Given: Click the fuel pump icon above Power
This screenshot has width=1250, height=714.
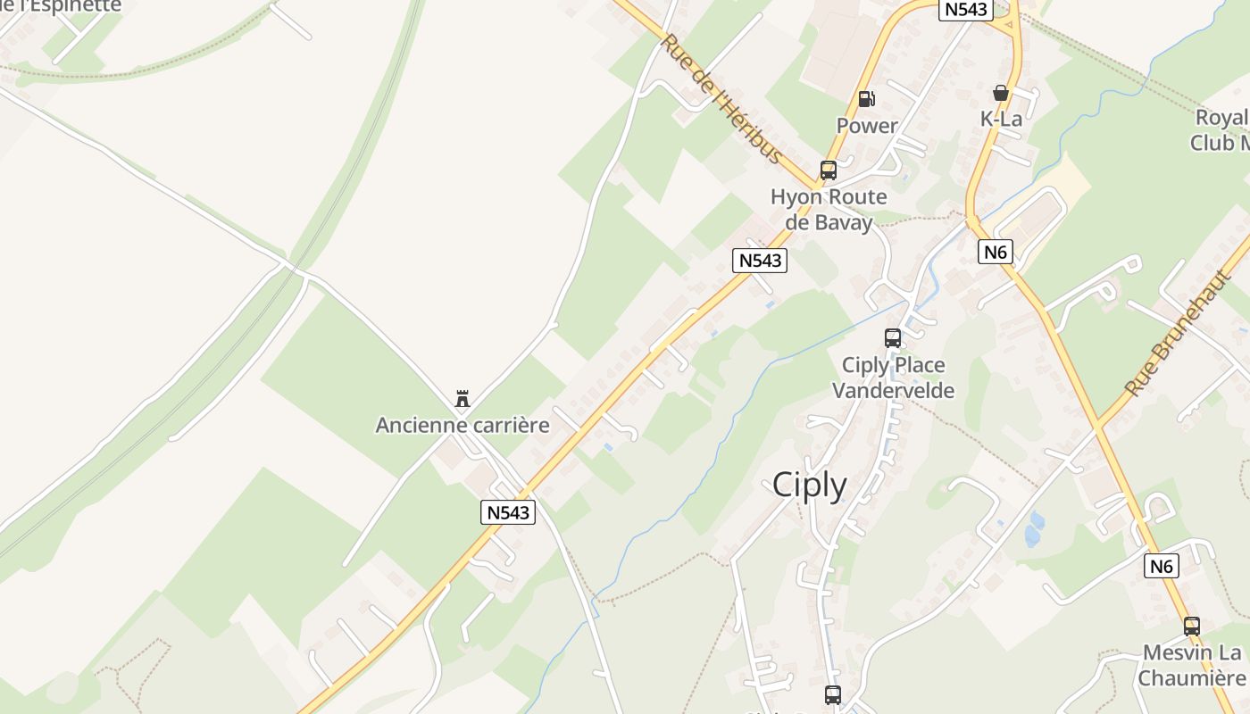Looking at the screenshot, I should (866, 99).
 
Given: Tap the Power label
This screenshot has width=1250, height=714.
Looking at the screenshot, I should (866, 126).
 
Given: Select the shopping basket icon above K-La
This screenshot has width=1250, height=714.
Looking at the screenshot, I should (1000, 93).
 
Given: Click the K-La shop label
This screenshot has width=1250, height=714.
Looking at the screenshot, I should (1000, 119).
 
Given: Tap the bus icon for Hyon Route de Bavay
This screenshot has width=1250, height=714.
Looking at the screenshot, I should (828, 170).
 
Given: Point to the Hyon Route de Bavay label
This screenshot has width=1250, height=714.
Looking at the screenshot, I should (828, 210).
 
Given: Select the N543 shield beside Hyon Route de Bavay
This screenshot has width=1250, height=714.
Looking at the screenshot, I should (760, 261).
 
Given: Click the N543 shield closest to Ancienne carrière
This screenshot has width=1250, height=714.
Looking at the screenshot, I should (508, 512).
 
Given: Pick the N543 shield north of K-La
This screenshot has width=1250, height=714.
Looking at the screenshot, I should (966, 9).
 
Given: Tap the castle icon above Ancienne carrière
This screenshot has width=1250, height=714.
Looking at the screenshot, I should (462, 399).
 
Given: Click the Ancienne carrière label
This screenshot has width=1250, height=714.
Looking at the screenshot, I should (462, 425).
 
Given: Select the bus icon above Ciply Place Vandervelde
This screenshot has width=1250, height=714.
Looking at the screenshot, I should (892, 338).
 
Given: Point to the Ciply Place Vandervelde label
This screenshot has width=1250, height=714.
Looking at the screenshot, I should (893, 378).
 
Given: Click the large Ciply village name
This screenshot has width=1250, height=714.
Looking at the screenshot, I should (809, 485).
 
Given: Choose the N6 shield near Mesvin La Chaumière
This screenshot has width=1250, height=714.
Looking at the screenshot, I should (1161, 565).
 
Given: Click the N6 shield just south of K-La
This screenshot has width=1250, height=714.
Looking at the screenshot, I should (995, 252).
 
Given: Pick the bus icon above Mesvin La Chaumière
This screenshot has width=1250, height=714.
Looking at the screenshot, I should (1191, 627).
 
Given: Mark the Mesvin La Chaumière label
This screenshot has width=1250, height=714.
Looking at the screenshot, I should (1191, 666).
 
